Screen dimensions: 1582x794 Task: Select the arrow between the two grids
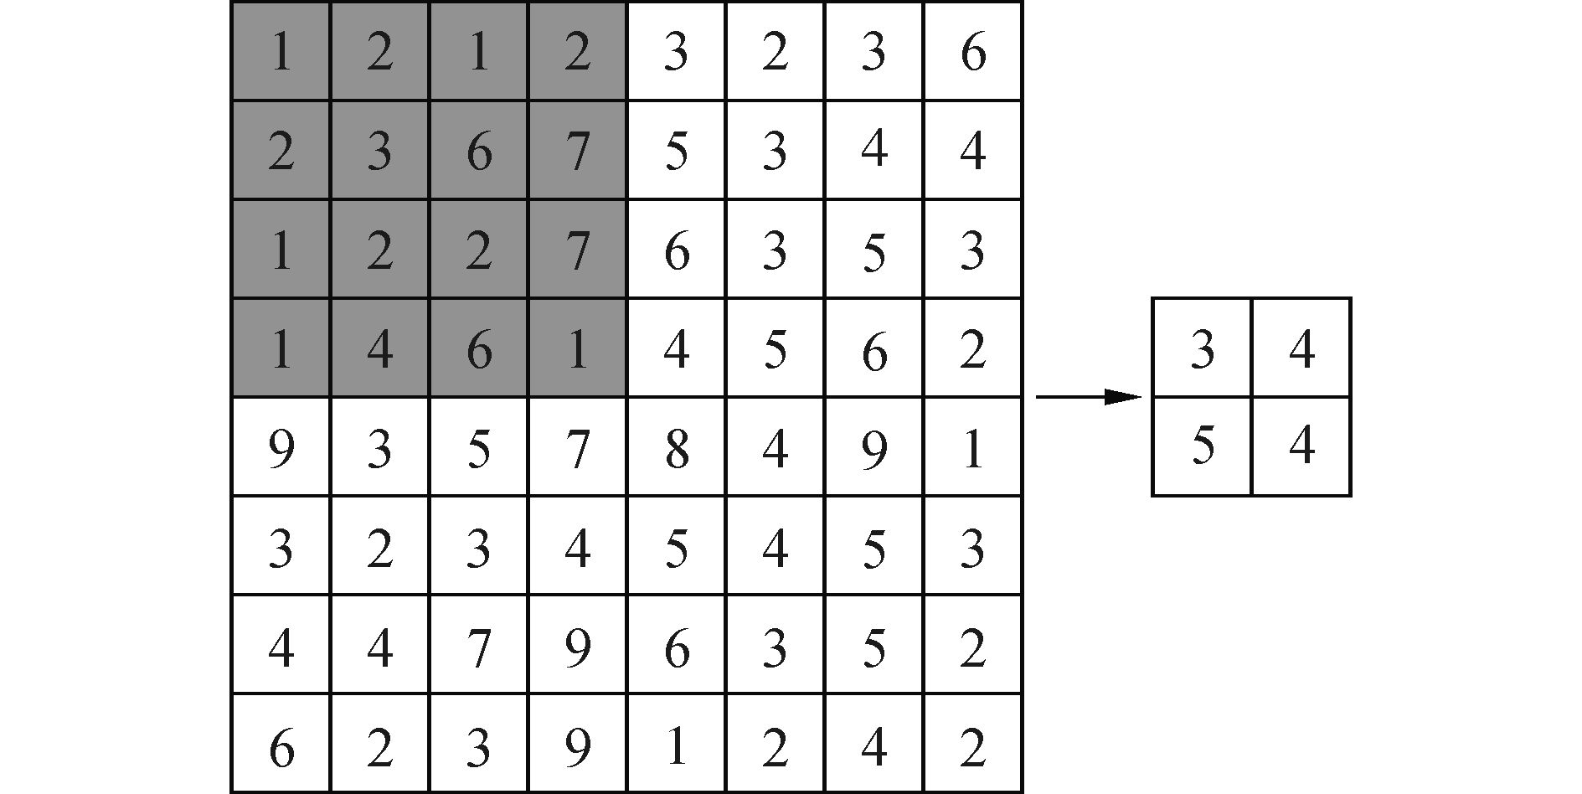[1089, 397]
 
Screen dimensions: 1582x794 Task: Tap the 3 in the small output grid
[1202, 348]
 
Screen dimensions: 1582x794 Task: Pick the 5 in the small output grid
[1202, 446]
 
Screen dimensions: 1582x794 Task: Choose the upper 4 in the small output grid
[1301, 348]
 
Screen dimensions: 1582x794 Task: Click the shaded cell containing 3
[379, 152]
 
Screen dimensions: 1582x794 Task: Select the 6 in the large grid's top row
[972, 53]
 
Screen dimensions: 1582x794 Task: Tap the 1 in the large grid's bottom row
[676, 745]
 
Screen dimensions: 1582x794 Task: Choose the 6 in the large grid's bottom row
[281, 745]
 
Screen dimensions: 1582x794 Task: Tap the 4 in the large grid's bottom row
[873, 745]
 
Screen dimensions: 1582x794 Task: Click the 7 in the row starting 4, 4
[478, 647]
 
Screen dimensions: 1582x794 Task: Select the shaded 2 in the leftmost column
[281, 152]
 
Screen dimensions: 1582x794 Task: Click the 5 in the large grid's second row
[676, 152]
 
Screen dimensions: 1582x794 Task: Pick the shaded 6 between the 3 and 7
[478, 152]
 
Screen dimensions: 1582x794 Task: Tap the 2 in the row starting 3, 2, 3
[379, 548]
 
